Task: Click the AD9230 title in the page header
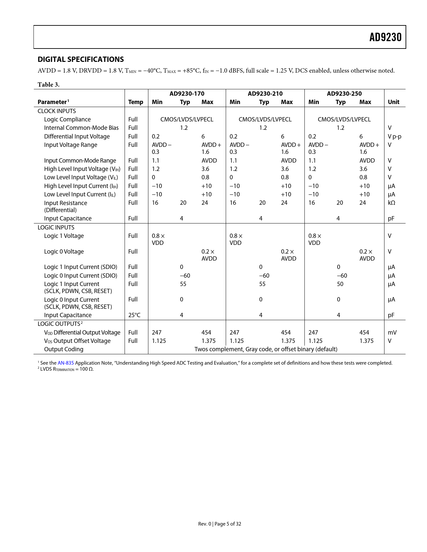point(385,37)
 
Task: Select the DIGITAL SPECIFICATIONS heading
point(81,60)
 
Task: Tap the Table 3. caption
point(49,85)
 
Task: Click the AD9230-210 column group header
point(265,94)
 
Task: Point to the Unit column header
point(394,102)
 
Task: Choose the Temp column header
point(136,102)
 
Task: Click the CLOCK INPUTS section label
point(57,111)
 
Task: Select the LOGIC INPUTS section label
point(56,227)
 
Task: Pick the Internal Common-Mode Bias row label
point(81,128)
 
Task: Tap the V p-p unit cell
point(394,136)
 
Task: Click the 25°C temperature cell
point(134,315)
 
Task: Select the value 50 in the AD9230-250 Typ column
point(340,284)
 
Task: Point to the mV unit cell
point(392,333)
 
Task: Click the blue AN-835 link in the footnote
point(66,363)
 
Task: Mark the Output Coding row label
point(64,349)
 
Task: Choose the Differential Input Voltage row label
point(77,136)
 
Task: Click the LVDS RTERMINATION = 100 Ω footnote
point(67,369)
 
